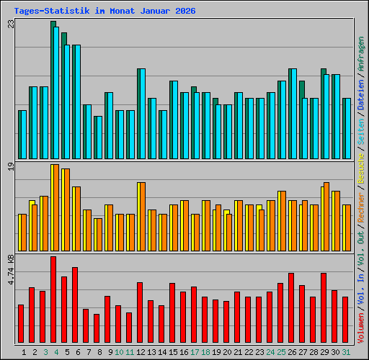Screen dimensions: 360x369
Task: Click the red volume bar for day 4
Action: tap(53, 300)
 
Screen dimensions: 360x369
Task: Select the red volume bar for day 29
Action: tap(324, 308)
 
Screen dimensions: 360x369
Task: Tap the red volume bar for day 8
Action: tap(97, 328)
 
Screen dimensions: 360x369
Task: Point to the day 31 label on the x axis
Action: tap(346, 352)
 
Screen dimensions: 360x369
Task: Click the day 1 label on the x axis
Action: tap(25, 352)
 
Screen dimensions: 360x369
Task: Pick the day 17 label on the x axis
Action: tap(195, 352)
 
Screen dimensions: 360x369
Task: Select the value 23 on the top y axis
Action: tap(11, 24)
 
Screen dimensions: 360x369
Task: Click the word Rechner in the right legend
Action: tap(360, 202)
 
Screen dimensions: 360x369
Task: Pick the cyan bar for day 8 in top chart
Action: tap(98, 137)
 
